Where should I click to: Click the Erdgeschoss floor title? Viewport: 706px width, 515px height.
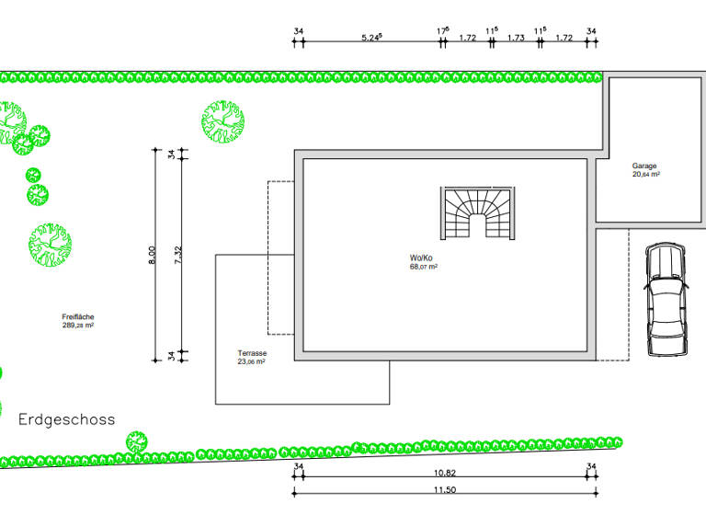pos(66,420)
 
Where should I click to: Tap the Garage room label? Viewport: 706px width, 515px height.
pos(644,166)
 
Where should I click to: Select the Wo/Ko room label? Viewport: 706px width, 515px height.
pos(421,257)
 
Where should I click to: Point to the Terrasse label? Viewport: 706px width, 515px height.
pos(252,353)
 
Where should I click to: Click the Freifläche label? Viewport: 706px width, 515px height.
pos(78,316)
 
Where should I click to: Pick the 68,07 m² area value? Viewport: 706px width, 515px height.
pos(424,267)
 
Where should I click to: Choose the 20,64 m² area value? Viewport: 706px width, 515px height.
pos(646,175)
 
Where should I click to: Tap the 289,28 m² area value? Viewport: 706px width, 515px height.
pos(78,326)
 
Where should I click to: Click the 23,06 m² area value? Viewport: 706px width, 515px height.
pos(251,361)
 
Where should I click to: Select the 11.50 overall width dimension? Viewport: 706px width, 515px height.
pos(445,490)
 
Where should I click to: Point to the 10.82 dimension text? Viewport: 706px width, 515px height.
pos(445,473)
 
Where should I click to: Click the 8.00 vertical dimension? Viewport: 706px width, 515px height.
pos(152,255)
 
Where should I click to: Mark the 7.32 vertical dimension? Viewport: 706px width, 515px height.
pos(177,255)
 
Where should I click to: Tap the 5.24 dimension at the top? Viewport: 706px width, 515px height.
pos(372,38)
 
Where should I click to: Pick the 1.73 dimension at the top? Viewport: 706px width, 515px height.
pos(516,38)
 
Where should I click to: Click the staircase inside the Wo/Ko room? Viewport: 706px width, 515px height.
pos(478,213)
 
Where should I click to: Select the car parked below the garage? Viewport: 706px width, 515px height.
pos(666,300)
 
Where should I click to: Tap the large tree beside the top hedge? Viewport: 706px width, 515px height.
pos(222,121)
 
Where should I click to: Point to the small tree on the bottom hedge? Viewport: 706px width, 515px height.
pos(136,442)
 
